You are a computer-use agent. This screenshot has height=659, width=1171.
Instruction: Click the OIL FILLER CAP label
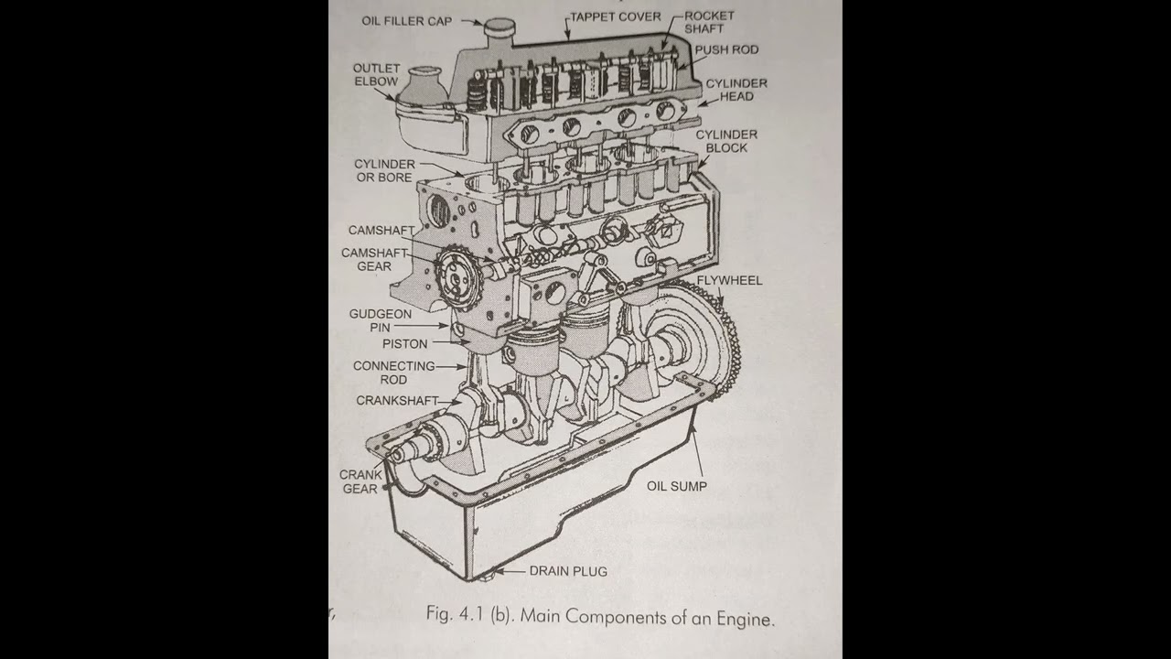(x=406, y=20)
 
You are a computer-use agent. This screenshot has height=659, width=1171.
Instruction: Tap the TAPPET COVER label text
(x=615, y=16)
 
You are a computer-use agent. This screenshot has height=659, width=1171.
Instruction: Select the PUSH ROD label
(x=726, y=49)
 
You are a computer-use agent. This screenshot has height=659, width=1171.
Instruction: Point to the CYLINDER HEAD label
(x=736, y=90)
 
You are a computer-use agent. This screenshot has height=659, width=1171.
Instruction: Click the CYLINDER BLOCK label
(x=726, y=141)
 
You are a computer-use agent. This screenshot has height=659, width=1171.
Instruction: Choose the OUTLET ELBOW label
(x=376, y=75)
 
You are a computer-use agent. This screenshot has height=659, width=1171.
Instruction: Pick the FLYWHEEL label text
(x=729, y=280)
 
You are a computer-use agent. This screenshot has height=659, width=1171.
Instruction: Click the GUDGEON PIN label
(x=380, y=320)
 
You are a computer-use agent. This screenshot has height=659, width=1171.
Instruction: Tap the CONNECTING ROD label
(x=393, y=373)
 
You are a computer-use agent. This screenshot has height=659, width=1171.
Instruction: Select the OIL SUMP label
(x=676, y=486)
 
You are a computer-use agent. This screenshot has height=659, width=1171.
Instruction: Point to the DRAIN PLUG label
(x=567, y=571)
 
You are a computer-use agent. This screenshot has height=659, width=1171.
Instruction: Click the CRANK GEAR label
(x=360, y=481)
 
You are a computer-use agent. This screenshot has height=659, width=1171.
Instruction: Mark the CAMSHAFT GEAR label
(x=374, y=259)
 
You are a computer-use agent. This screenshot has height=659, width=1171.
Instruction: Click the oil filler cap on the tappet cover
(x=500, y=29)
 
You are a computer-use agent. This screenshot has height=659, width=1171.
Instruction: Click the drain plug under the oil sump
(x=495, y=574)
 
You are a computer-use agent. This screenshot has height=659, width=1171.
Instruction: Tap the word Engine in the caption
(x=747, y=618)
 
